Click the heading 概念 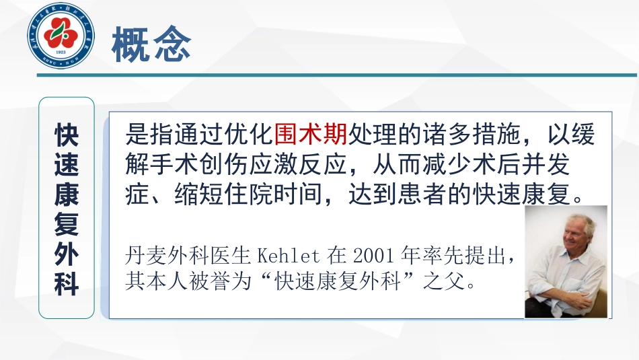tap(151, 44)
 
